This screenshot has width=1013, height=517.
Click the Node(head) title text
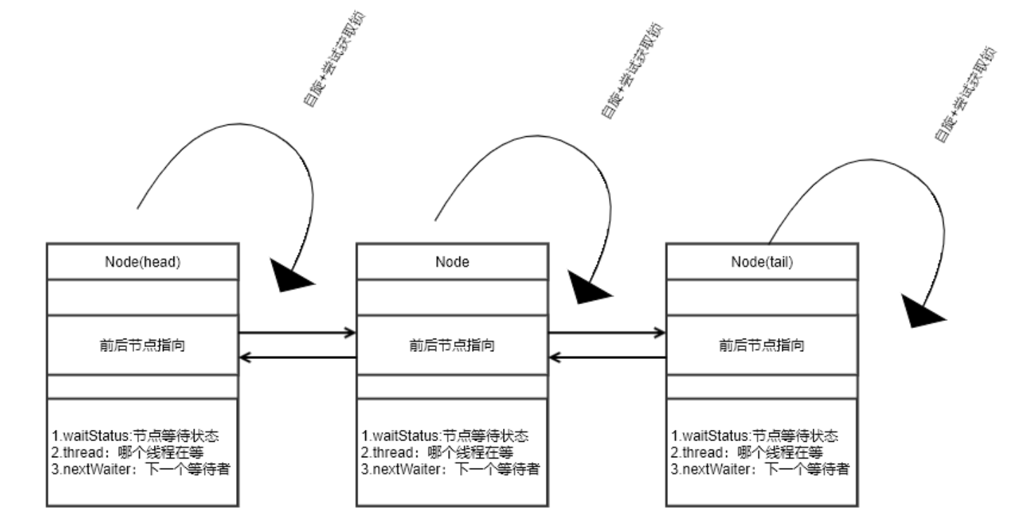point(143,261)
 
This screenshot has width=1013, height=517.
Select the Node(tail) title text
point(762,261)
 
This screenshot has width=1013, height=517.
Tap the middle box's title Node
point(452,261)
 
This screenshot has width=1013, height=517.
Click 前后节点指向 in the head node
point(143,345)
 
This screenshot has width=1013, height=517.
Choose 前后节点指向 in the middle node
point(452,345)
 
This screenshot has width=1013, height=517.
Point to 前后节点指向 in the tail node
point(762,345)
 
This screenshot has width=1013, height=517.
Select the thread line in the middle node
point(437,452)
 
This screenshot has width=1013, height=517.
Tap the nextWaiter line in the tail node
point(760,469)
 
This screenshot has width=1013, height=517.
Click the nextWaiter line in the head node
point(141,469)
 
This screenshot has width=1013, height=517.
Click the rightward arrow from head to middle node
point(297,332)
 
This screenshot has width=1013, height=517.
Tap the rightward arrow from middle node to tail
point(607,332)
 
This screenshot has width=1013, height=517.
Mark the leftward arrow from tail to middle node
point(607,358)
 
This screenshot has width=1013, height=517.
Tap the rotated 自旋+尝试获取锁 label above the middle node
point(632,70)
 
